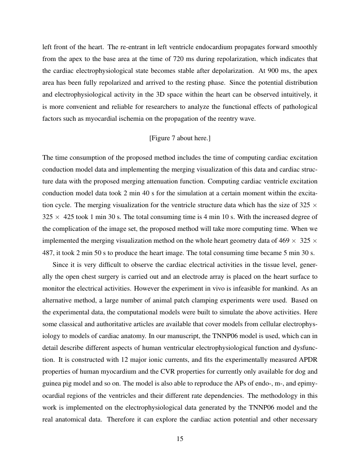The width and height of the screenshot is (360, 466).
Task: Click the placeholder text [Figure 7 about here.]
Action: [180, 138]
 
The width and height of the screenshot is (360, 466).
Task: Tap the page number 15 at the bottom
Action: [180, 439]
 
